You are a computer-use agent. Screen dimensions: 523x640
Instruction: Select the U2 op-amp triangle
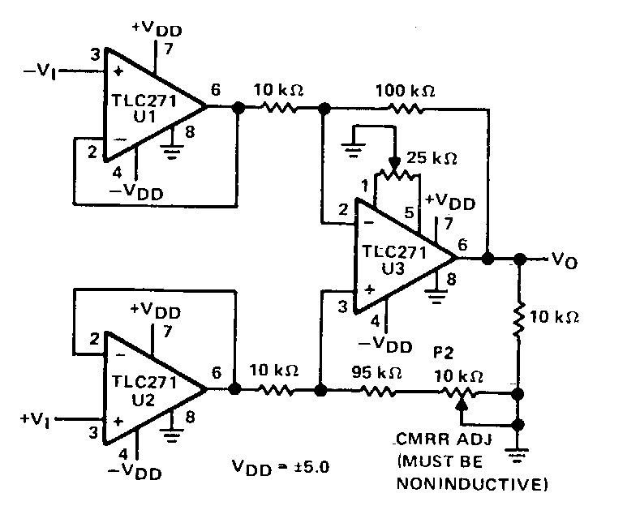pos(146,388)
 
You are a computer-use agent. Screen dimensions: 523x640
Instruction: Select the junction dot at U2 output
pos(236,389)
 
